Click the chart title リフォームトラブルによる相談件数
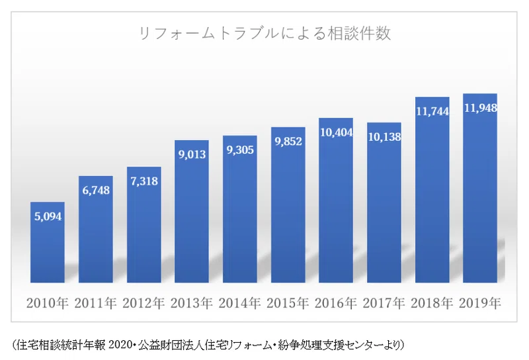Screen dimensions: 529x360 265,34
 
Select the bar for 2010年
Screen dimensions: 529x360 48,242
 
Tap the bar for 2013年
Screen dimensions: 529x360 192,211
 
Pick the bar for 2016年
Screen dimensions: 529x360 336,201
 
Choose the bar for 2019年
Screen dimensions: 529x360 480,188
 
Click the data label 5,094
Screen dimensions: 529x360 48,216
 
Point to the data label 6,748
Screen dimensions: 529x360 96,191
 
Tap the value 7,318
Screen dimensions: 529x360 144,181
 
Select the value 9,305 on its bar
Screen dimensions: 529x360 240,150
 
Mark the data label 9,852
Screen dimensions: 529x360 288,141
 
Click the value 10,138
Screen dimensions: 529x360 384,137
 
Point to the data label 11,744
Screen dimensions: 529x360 432,111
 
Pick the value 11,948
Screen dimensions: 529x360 481,108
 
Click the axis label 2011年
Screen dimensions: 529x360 95,303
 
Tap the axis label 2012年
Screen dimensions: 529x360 143,303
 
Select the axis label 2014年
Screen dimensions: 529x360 239,303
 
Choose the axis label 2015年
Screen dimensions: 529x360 288,303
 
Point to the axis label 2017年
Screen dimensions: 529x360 384,303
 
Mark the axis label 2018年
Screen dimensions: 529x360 432,303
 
